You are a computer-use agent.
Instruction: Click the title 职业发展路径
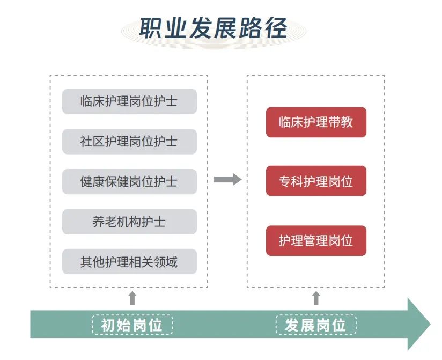(213, 28)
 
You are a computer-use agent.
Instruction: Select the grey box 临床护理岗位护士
(129, 101)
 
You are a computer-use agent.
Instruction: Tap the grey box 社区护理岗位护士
(129, 142)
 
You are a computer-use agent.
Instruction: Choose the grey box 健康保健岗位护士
(129, 182)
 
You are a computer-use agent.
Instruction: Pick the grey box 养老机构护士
(129, 222)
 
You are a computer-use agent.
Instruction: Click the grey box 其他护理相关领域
(129, 262)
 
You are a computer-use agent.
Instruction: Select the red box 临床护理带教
(316, 122)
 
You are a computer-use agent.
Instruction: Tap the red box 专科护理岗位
(316, 181)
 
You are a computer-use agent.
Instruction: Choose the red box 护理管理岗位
(316, 241)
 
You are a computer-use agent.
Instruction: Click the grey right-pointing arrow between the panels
(227, 180)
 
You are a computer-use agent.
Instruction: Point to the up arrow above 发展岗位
(316, 298)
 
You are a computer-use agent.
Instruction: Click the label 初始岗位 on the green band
(133, 325)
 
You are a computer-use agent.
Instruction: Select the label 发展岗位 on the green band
(316, 325)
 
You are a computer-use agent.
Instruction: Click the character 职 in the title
(151, 28)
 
